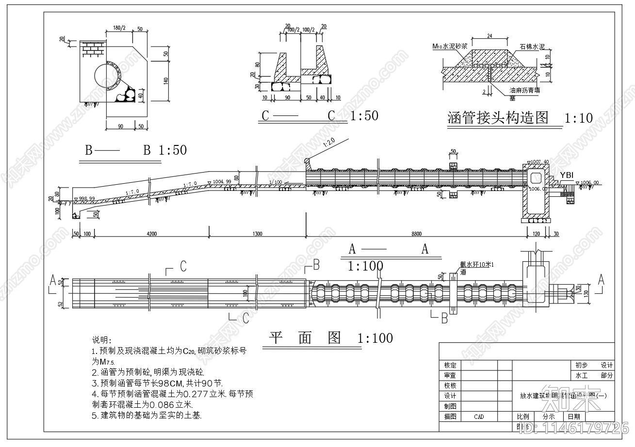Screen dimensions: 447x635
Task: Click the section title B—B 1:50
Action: (136, 150)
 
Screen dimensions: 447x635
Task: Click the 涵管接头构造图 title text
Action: (497, 118)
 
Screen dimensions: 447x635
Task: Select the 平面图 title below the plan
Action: (305, 338)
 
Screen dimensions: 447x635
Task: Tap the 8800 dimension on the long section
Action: (416, 234)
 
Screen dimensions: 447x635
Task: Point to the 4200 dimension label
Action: (151, 234)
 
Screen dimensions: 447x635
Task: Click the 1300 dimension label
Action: (257, 234)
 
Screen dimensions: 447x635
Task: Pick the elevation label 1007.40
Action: (539, 161)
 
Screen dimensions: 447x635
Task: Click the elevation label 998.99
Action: (85, 199)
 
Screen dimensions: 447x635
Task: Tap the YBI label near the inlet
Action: (567, 175)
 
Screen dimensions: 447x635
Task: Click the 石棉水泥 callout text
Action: (532, 47)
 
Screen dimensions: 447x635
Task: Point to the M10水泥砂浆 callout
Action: (450, 47)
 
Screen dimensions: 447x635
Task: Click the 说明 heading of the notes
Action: (101, 339)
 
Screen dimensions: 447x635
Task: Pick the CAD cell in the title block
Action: (479, 416)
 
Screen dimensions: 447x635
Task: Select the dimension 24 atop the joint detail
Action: (489, 36)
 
